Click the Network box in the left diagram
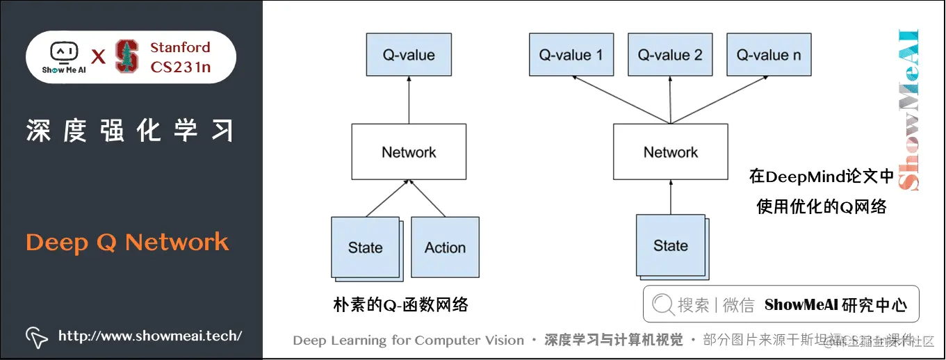click(x=409, y=152)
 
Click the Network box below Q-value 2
click(x=671, y=152)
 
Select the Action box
click(x=445, y=247)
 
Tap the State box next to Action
click(x=366, y=247)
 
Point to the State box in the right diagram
click(x=670, y=245)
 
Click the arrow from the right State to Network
click(x=671, y=197)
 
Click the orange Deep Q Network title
click(x=127, y=243)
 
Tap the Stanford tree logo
click(x=127, y=56)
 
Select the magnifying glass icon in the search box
click(x=663, y=304)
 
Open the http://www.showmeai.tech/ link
click(x=150, y=336)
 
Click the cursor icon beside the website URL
click(x=36, y=336)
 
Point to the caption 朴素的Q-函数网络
click(x=400, y=304)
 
